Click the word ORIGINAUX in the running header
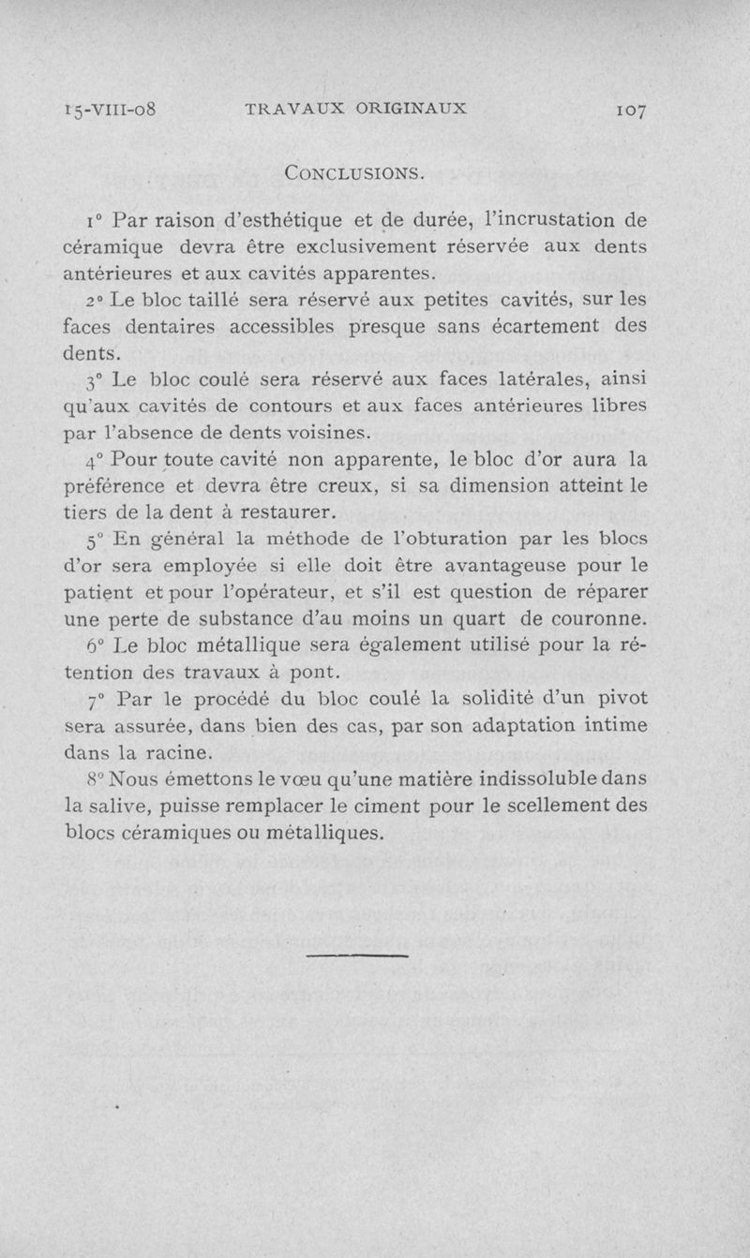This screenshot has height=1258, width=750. click(x=411, y=108)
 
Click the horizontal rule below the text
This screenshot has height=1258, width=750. click(x=358, y=955)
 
